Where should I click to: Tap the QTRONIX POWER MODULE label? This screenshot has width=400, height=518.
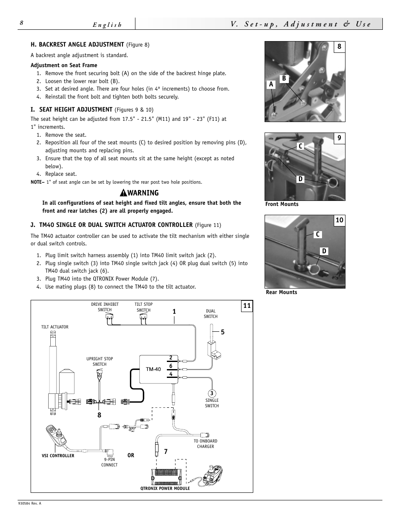(x=165, y=488)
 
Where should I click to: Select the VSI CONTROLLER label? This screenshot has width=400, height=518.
(x=58, y=456)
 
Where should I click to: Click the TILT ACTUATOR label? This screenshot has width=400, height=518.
(x=55, y=327)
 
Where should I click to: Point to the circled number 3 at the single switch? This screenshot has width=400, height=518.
(x=212, y=393)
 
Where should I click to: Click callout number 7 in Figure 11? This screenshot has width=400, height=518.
(x=166, y=451)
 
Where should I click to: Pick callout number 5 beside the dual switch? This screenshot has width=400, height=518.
(x=223, y=332)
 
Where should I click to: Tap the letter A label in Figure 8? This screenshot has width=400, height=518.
(x=271, y=84)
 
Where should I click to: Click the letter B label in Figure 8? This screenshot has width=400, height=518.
(x=283, y=78)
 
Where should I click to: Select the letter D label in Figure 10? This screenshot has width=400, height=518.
(x=324, y=251)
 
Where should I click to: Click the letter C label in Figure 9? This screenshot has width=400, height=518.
(x=300, y=146)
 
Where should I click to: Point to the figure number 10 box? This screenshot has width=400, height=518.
(x=339, y=220)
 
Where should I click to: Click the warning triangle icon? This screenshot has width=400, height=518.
(x=123, y=193)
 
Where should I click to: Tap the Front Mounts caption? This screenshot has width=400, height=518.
(x=282, y=204)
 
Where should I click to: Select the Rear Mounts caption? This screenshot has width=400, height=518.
(x=281, y=292)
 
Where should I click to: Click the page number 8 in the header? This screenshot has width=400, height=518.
(x=20, y=23)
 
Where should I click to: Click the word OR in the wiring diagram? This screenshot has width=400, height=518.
(x=131, y=456)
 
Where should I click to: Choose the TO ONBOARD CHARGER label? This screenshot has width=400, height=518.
(x=205, y=444)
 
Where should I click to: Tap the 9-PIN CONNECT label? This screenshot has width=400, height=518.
(x=109, y=462)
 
